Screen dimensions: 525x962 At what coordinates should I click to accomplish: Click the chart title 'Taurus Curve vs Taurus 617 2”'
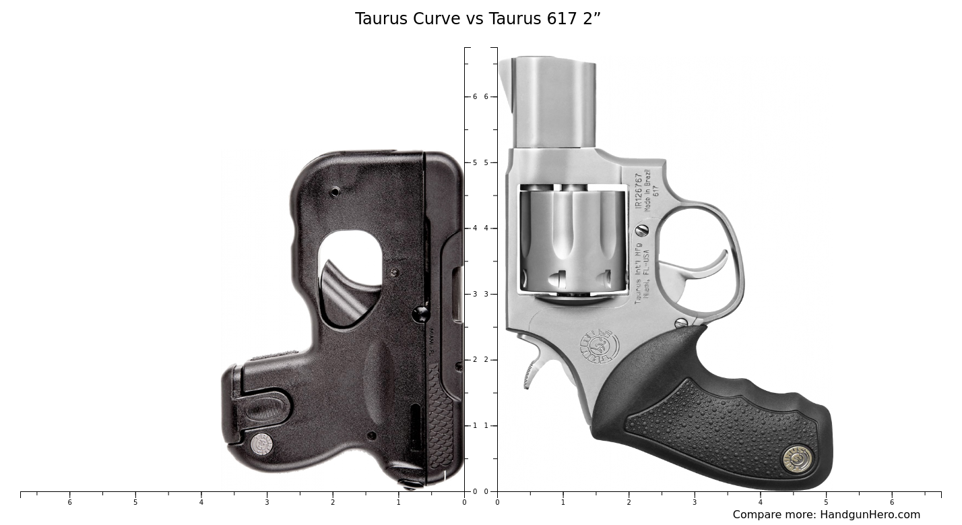pos(478,19)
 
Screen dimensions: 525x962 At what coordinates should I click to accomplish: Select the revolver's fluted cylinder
pos(573,241)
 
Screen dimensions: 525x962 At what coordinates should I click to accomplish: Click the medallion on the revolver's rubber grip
pos(797,458)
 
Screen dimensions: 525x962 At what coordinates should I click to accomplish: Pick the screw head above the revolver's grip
pos(681,323)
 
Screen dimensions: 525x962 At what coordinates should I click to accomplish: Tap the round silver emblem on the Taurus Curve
pos(261,444)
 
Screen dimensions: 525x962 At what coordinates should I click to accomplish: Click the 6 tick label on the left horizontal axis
pos(69,502)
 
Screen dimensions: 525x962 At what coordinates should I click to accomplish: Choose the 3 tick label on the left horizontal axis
pos(267,502)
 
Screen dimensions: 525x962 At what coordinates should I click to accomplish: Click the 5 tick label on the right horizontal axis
pos(826,502)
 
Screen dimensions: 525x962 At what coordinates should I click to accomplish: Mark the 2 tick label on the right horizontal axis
pos(629,502)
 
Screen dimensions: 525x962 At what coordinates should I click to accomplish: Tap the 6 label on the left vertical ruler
pos(474,97)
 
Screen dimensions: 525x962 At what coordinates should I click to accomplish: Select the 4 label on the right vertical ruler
pos(486,228)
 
